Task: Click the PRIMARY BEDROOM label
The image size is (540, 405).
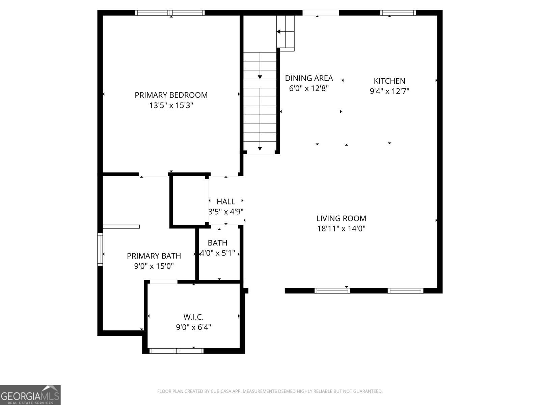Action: (x=171, y=95)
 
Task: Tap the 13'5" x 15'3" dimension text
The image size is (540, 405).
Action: (x=171, y=106)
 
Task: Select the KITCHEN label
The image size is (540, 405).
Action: (x=389, y=81)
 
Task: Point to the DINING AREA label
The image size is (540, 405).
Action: (x=309, y=78)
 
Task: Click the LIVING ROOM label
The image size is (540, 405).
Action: (x=341, y=218)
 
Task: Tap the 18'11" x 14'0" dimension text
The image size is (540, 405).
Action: (x=341, y=229)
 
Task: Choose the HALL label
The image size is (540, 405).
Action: (x=226, y=201)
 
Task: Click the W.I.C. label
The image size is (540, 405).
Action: (x=193, y=317)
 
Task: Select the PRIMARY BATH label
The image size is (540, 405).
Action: (x=154, y=256)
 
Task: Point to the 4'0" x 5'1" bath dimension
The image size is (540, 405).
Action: (x=218, y=253)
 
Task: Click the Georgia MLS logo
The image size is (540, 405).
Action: (x=30, y=395)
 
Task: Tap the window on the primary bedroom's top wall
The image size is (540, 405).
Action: (x=170, y=13)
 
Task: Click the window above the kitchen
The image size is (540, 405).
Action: (x=398, y=13)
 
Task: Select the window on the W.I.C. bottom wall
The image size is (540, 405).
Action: (x=176, y=351)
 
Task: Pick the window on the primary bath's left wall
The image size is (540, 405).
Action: (x=100, y=249)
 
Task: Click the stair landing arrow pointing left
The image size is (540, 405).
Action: (x=279, y=32)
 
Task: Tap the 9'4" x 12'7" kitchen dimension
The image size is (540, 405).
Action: (x=389, y=91)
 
